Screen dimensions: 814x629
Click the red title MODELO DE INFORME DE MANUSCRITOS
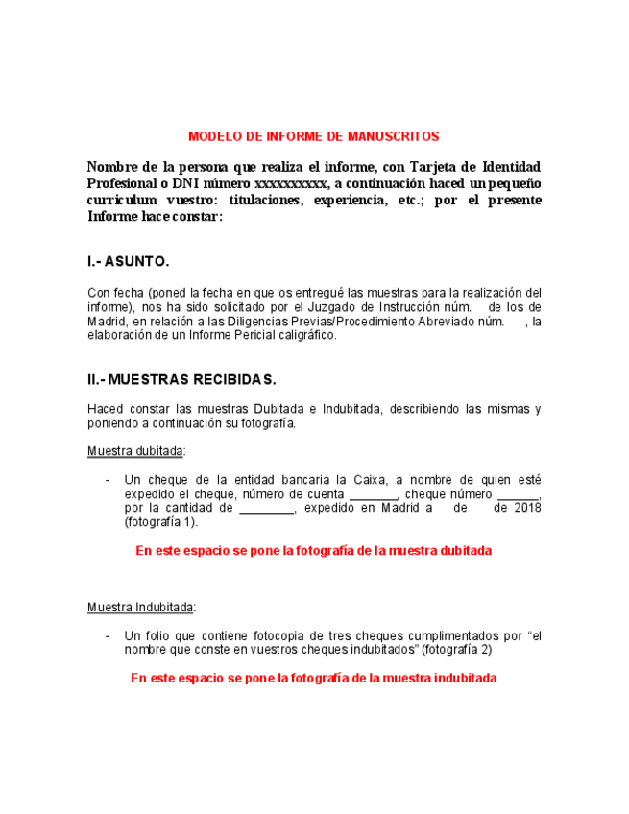pyautogui.click(x=313, y=137)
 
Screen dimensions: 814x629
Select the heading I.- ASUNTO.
pyautogui.click(x=128, y=261)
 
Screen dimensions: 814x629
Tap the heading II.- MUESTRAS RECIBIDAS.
pyautogui.click(x=181, y=379)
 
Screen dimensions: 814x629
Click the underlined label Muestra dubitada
pyautogui.click(x=135, y=451)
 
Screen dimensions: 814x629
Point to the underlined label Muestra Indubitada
pyautogui.click(x=141, y=608)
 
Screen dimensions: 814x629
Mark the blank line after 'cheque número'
pyautogui.click(x=520, y=495)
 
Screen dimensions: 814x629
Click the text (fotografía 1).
pyautogui.click(x=160, y=522)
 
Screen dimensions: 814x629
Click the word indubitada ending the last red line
pyautogui.click(x=464, y=678)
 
